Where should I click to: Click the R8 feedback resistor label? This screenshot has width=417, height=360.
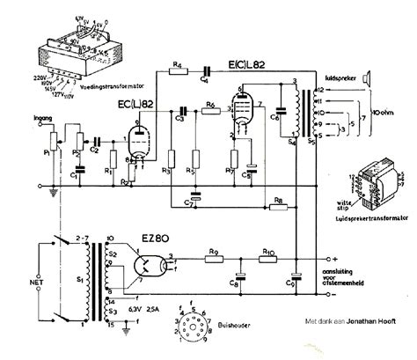pos(276,202)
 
